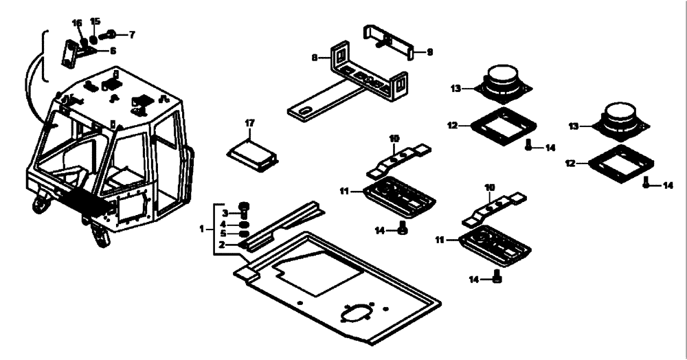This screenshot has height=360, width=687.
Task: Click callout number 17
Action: tap(250, 124)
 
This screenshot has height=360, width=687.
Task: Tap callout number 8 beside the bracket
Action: tap(315, 58)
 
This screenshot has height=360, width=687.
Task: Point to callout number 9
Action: tap(430, 52)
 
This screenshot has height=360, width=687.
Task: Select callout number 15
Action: tap(95, 21)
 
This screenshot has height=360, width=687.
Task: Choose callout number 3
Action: tap(225, 213)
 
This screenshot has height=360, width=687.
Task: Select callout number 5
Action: tap(225, 234)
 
